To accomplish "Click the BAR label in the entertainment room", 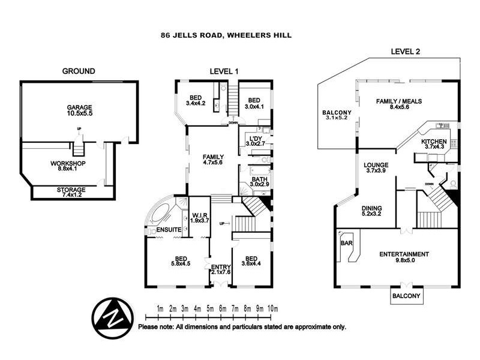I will tap(346, 245).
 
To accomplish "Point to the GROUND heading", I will tap(79, 71).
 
